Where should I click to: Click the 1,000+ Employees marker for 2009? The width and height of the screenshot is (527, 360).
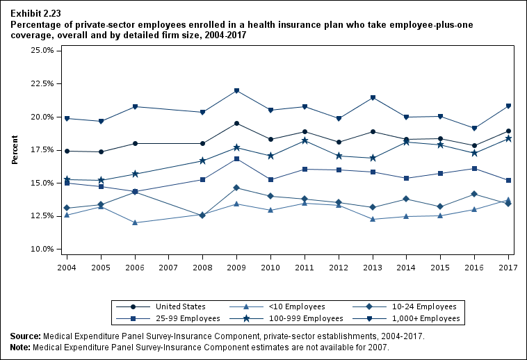(237, 91)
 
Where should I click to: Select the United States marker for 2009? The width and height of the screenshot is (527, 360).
(237, 124)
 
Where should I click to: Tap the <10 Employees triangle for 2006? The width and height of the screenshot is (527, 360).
(135, 222)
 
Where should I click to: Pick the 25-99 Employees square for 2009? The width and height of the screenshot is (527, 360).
(237, 159)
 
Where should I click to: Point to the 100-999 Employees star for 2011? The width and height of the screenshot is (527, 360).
(305, 140)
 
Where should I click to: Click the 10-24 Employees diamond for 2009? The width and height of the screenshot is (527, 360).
(237, 188)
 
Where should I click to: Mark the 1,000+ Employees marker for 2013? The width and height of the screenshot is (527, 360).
(373, 97)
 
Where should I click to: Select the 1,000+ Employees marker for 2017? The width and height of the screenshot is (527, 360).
(509, 106)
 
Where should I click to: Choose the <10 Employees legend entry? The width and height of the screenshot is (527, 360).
(275, 306)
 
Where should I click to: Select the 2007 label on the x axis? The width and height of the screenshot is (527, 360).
(169, 268)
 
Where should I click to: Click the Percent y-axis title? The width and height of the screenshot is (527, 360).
(15, 149)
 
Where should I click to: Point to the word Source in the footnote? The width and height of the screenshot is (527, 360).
(25, 336)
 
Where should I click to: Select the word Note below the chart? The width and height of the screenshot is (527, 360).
(21, 346)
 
